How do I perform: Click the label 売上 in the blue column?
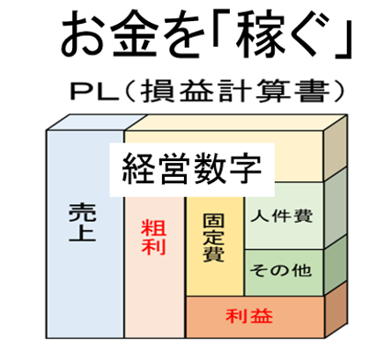tap(83, 223)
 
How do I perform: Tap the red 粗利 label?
tap(154, 237)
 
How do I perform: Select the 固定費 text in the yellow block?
tap(214, 238)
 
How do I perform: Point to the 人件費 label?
tap(282, 216)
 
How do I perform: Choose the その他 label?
tap(281, 270)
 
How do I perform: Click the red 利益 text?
tap(249, 316)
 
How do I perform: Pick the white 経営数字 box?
tap(192, 170)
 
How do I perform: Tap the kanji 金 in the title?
tap(134, 34)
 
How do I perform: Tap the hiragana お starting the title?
tap(82, 35)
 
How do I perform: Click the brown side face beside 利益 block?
tap(336, 310)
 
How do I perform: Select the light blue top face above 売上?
tap(96, 122)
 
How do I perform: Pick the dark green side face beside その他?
tap(336, 265)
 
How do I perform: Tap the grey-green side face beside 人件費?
tap(336, 208)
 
